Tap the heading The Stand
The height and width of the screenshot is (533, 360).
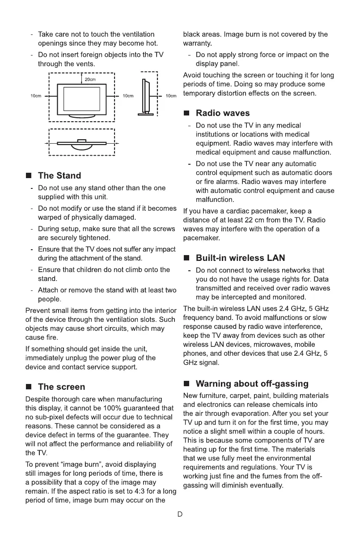pos(59,175)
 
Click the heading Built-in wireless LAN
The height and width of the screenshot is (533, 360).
pos(240,258)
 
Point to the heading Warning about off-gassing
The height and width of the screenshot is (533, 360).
pos(252,384)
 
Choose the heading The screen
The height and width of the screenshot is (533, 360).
pos(61,387)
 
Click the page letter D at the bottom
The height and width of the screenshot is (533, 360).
pos(180,514)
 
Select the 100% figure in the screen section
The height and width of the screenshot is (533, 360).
pos(123,408)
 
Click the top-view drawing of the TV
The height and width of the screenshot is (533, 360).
pos(82,143)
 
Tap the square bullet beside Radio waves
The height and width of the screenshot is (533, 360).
pos(187,113)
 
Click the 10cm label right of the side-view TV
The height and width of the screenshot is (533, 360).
pos(171,96)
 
